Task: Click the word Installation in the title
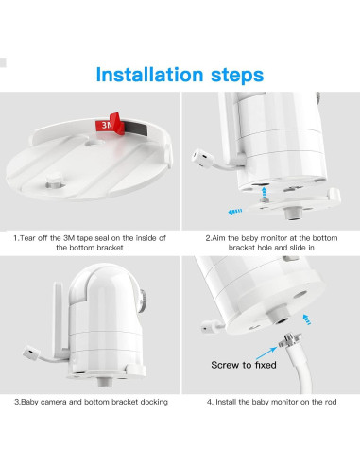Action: tap(149, 75)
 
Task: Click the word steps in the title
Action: tap(237, 76)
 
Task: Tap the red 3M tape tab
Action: tap(110, 124)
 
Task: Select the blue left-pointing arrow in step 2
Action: tap(235, 211)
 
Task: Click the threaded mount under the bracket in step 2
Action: tap(293, 214)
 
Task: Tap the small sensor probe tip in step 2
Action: tap(200, 157)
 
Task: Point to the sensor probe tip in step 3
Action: tap(31, 353)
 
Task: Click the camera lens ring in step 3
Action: tap(143, 301)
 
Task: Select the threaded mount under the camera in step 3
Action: tap(104, 382)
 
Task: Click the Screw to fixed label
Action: tap(244, 365)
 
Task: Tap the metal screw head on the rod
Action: tap(289, 340)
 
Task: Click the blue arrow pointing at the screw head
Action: tap(266, 353)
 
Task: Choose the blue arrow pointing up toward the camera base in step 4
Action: tap(306, 319)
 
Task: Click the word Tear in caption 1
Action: tap(28, 238)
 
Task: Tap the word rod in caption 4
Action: tap(331, 402)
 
